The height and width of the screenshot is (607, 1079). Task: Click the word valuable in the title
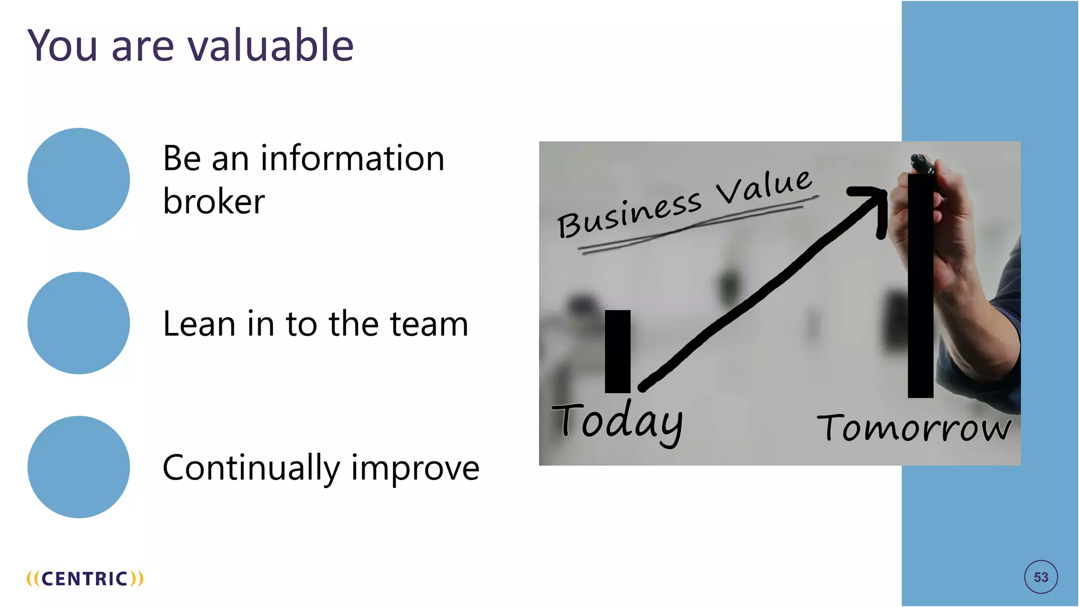[x=270, y=46]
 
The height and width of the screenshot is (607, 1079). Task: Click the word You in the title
[x=63, y=46]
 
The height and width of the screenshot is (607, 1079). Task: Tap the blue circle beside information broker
[x=79, y=179]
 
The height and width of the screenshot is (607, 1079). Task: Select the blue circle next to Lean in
[x=79, y=323]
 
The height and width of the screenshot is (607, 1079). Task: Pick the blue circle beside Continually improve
[x=79, y=467]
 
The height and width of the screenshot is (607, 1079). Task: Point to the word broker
[x=213, y=201]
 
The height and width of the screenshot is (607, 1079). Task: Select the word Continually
[x=251, y=468]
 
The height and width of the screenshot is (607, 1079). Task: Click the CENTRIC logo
[x=85, y=579]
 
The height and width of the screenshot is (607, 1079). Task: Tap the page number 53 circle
[x=1041, y=577]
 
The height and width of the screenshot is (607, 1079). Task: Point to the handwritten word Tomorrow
[x=914, y=427]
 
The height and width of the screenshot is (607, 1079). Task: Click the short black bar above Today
[x=617, y=351]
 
